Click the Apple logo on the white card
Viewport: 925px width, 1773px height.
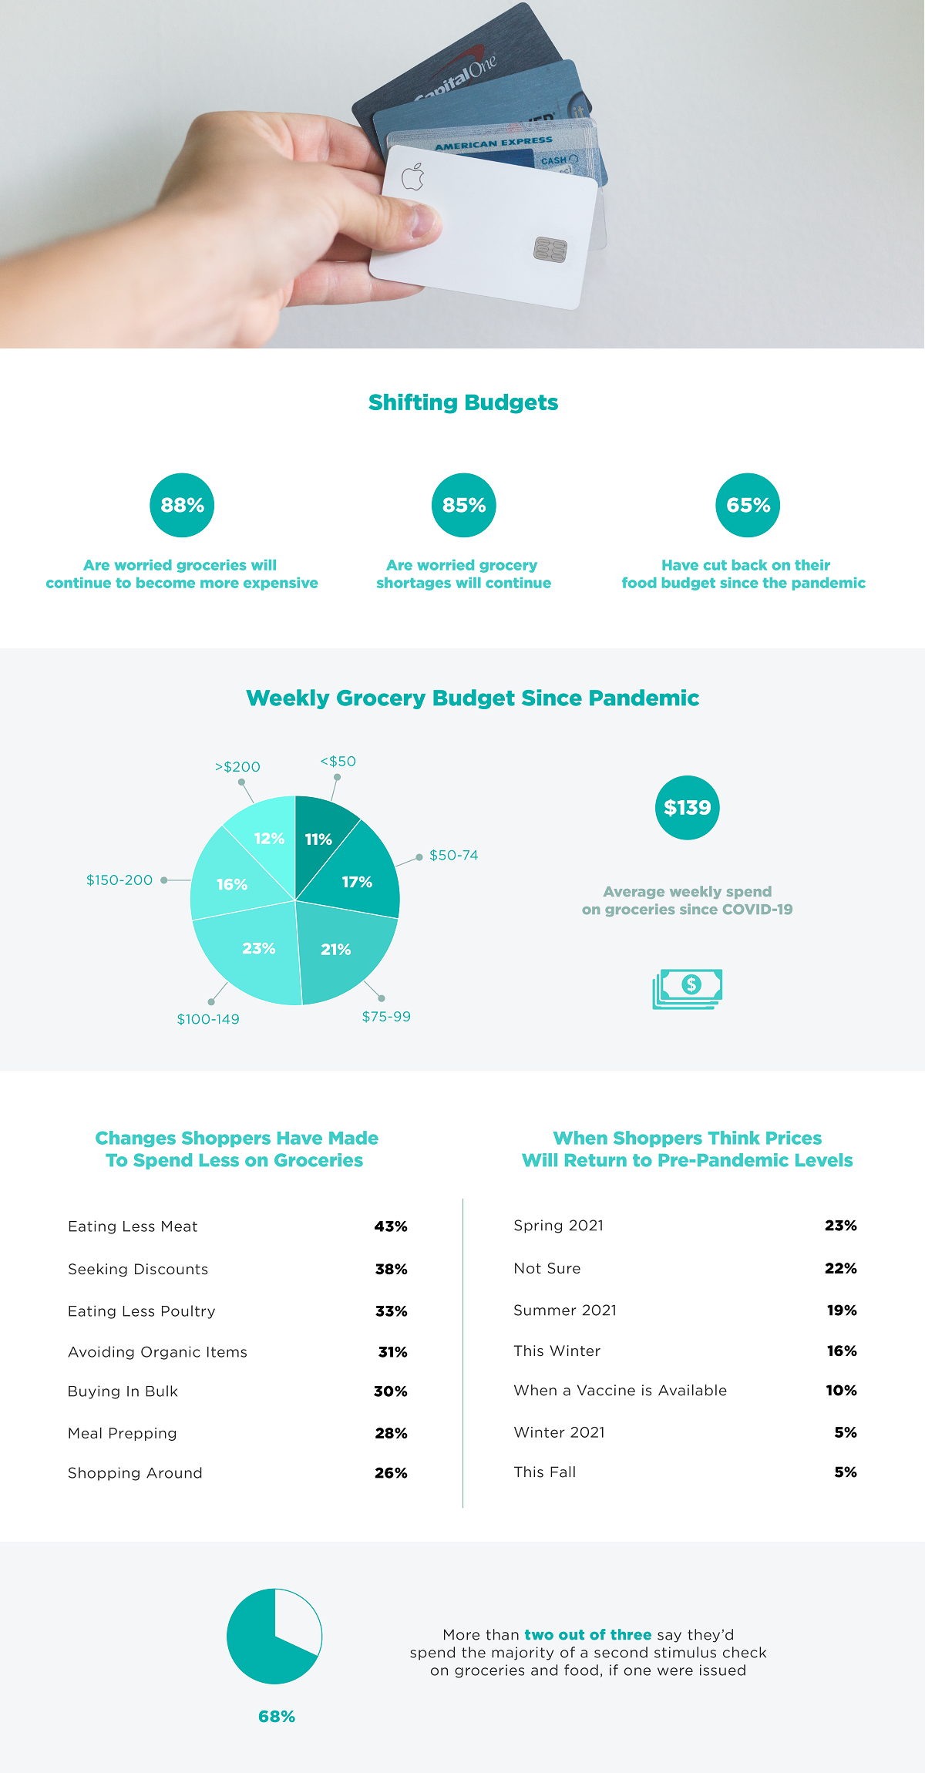click(x=413, y=177)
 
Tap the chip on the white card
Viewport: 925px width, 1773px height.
click(x=550, y=249)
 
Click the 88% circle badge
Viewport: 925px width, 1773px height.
click(x=182, y=505)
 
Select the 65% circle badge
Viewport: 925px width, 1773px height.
click(x=748, y=505)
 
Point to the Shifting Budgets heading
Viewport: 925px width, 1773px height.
click(x=463, y=402)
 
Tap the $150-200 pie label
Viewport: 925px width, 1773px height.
click(x=119, y=880)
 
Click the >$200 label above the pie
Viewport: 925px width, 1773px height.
click(x=237, y=767)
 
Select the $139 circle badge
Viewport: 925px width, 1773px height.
click(x=687, y=808)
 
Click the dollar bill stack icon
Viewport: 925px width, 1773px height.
click(x=688, y=988)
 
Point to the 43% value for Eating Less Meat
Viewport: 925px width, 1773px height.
click(x=391, y=1226)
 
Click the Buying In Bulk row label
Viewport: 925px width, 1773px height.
click(x=123, y=1391)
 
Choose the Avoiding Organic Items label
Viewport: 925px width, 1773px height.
click(x=157, y=1352)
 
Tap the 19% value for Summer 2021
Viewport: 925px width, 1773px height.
click(x=842, y=1310)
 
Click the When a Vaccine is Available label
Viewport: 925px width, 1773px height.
click(x=620, y=1391)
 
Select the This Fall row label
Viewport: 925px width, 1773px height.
click(x=544, y=1472)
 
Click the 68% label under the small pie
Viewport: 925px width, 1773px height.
click(x=277, y=1717)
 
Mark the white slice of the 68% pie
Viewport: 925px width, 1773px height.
click(x=297, y=1619)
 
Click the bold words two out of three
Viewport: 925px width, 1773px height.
click(x=587, y=1635)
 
